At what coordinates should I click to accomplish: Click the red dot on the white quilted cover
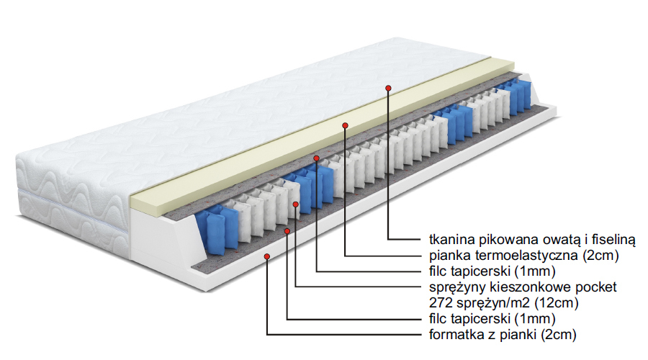tap(388, 87)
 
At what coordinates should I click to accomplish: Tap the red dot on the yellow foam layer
tap(346, 125)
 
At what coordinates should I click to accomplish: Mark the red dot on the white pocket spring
tap(296, 205)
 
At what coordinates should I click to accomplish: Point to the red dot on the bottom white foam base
tap(267, 256)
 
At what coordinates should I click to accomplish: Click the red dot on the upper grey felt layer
tap(316, 156)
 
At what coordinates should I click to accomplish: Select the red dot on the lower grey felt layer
tap(287, 230)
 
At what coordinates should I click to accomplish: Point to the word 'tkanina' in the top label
tap(442, 239)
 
